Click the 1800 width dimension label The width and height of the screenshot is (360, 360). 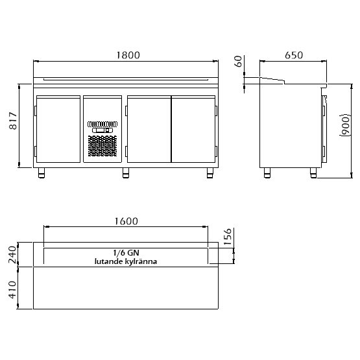point(128,55)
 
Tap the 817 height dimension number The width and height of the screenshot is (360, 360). point(13,121)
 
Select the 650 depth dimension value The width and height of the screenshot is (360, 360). point(294,55)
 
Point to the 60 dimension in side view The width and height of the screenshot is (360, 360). point(239,62)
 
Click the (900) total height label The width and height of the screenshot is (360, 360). point(345,125)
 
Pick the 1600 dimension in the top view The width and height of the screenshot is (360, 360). point(126,221)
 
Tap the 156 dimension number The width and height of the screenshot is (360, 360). point(227,237)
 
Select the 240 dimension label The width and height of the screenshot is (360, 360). point(12,254)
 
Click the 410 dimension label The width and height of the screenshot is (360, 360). point(12,290)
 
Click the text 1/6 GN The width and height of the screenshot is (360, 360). point(126,253)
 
